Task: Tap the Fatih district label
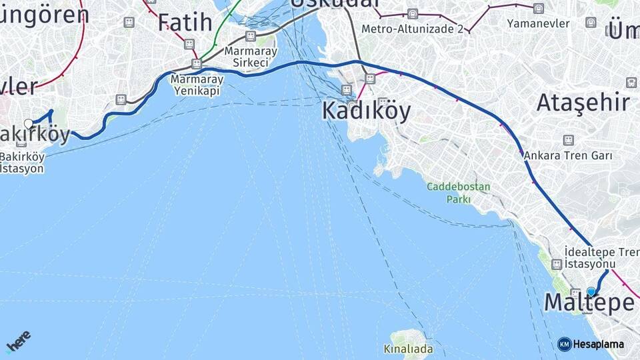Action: coord(185,23)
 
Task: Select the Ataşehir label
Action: coord(583,103)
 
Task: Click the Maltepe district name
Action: coord(589,303)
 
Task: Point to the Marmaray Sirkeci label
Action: coord(246,57)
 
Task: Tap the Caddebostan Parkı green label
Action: coord(459,193)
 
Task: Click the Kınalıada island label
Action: coord(408,349)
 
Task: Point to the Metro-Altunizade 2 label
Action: coord(412,29)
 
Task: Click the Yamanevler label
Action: coord(538,23)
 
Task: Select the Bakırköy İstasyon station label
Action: coord(22,163)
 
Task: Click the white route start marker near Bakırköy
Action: coord(29,123)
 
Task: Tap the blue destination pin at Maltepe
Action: coord(591,291)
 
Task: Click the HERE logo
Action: coord(19,341)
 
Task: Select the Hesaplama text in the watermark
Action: coord(599,344)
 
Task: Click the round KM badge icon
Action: coord(564,344)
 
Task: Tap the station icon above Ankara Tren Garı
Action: coord(568,140)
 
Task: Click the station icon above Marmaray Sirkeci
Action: coord(250,36)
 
